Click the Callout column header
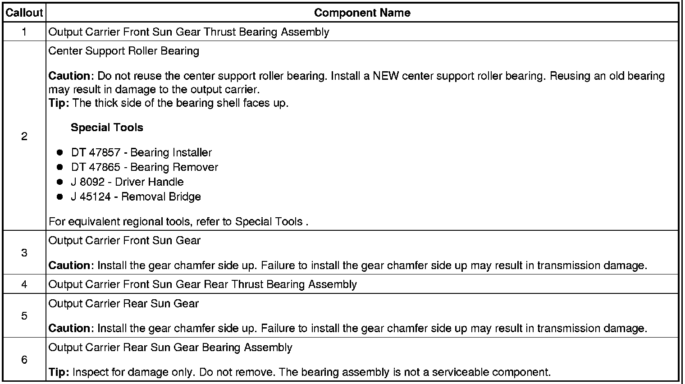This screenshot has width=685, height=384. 24,13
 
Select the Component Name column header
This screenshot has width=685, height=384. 362,13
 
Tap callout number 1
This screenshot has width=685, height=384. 24,32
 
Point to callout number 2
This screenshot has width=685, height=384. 24,136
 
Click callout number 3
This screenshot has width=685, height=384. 24,253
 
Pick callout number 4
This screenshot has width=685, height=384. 24,284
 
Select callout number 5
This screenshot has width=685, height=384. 24,316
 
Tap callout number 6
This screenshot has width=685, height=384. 24,360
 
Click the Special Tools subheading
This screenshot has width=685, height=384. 107,128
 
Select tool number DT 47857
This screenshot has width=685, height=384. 96,153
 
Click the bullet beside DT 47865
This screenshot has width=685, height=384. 59,167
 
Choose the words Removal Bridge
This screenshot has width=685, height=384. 161,197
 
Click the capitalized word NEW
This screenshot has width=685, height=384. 386,76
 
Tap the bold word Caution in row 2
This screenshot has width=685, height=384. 69,76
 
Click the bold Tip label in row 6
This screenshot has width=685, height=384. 59,373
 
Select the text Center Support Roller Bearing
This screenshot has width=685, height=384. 123,51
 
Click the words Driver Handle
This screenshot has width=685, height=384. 149,182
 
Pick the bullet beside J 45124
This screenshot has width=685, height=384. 59,197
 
